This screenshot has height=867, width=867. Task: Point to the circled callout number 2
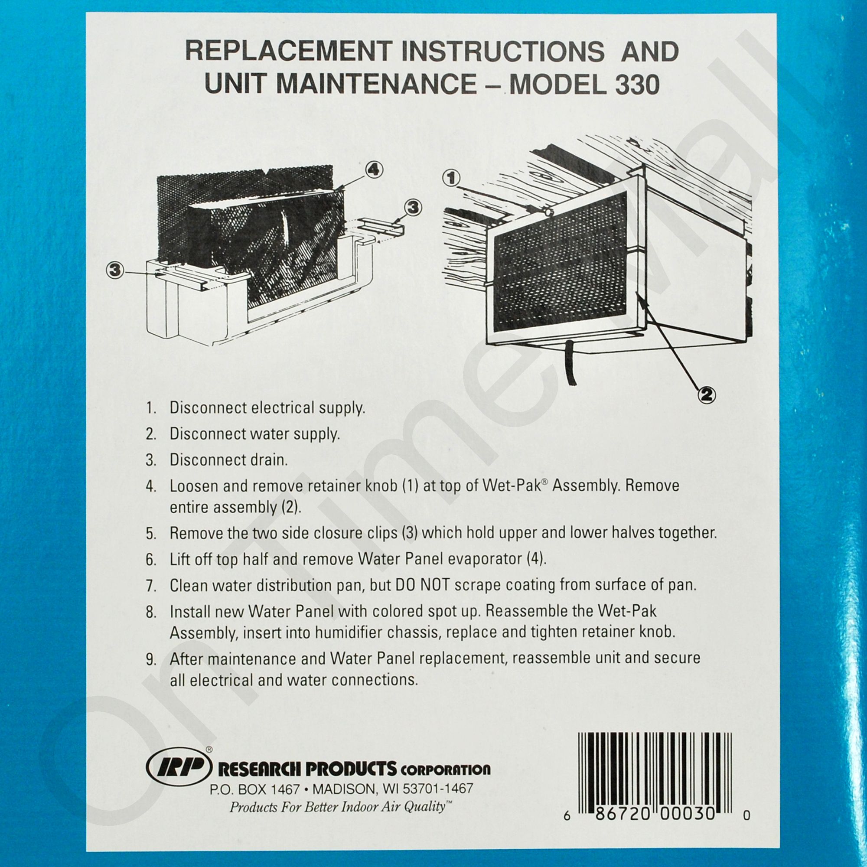tap(706, 394)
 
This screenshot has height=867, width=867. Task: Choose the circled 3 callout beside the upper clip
tap(413, 208)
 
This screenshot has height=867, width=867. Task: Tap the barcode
tap(655, 775)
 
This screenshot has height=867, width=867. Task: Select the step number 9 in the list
tap(151, 659)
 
